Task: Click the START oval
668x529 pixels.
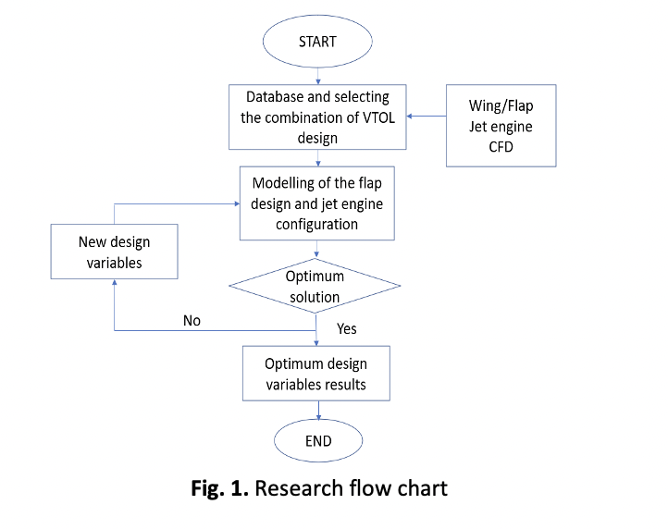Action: pos(317,42)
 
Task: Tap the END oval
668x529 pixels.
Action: pos(318,440)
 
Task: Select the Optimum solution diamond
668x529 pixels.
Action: pos(315,286)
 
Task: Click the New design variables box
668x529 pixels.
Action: pos(114,252)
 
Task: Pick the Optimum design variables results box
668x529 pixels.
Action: pos(316,374)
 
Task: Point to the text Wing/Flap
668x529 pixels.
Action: pos(501,105)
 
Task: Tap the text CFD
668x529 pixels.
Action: pos(501,147)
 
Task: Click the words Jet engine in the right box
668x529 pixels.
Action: pos(501,127)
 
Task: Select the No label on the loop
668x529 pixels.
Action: pos(192,320)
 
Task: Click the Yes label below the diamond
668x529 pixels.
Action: pos(347,328)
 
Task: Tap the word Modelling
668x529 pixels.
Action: pos(283,183)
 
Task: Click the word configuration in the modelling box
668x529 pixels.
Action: pos(317,225)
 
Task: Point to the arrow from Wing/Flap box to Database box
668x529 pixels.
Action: pos(427,116)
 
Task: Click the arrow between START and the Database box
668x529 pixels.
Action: pos(318,76)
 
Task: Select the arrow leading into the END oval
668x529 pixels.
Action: pos(318,411)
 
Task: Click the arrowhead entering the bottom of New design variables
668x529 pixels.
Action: pos(114,282)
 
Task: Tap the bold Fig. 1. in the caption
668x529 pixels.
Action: pos(220,488)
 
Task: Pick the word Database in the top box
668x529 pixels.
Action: pos(275,97)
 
